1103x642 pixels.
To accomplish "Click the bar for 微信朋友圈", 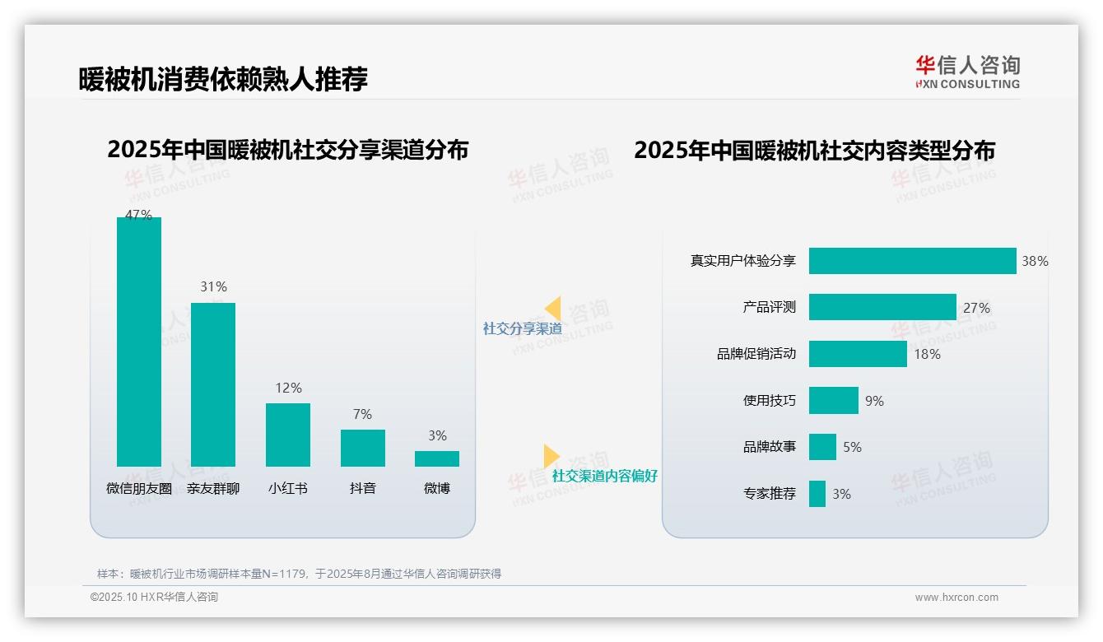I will point(139,342).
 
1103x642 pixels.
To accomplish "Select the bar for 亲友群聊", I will point(213,384).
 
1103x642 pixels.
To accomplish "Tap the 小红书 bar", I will point(288,435).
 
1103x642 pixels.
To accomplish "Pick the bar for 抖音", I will point(362,448).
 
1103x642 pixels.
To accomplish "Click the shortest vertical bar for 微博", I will point(437,458).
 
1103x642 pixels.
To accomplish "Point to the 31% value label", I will point(213,286).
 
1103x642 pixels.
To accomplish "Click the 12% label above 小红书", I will point(288,388).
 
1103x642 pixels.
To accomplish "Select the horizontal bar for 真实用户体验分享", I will point(912,261).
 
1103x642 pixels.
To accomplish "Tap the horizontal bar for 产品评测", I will point(882,307).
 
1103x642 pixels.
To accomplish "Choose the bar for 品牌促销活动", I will point(858,354).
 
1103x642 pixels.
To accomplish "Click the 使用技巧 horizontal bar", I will point(833,401).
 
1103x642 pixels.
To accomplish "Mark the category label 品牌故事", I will point(770,447).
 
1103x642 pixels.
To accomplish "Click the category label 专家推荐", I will point(770,494).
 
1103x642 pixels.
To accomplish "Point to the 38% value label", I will point(1035,261).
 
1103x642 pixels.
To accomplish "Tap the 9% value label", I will point(874,401).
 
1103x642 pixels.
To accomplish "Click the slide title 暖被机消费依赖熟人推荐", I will point(223,79).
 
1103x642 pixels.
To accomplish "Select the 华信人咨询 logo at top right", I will point(967,72).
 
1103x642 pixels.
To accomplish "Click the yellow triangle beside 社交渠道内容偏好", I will point(551,456).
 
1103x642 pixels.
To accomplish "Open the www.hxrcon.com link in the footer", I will point(956,598).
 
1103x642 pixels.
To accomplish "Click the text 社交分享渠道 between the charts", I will point(522,328).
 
